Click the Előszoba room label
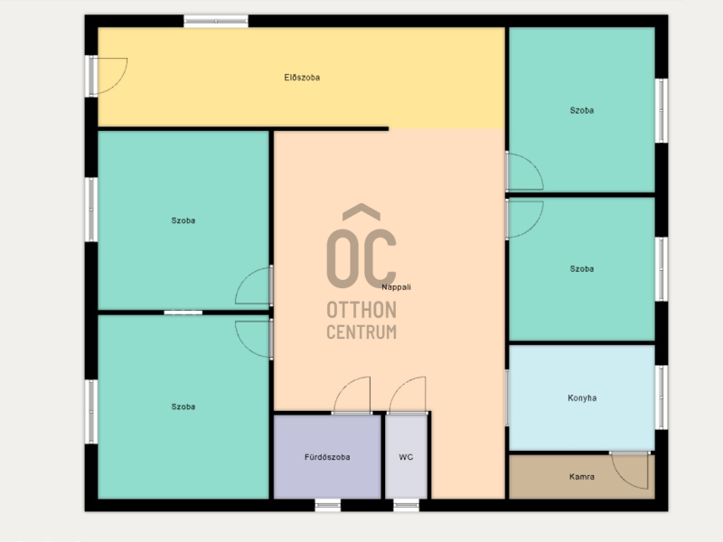click(x=302, y=78)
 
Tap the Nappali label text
click(x=396, y=287)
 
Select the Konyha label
click(x=582, y=397)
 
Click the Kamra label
click(x=581, y=477)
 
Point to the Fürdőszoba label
click(x=327, y=457)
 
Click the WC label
click(x=406, y=457)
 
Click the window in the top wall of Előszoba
click(x=216, y=21)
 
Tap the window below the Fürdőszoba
click(x=328, y=506)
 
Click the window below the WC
click(x=406, y=506)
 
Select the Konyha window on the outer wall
click(x=662, y=397)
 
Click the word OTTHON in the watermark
click(x=361, y=310)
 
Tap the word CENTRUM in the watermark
click(x=361, y=332)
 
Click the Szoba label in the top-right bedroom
click(x=582, y=110)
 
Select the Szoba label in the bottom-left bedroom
click(x=183, y=407)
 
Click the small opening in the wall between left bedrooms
click(x=183, y=313)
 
